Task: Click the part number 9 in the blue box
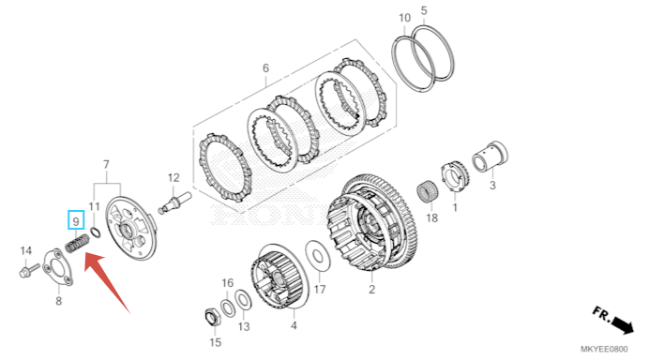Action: tap(76, 221)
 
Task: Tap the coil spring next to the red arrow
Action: tap(77, 244)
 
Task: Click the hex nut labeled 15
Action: tap(211, 317)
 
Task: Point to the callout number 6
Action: tap(265, 67)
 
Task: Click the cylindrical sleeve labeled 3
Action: tap(490, 157)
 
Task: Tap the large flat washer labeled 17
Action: tap(317, 257)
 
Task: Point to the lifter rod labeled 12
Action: tap(174, 202)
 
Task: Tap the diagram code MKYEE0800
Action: tap(604, 349)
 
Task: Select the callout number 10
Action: tap(404, 18)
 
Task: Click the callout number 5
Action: tap(424, 10)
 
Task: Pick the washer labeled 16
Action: tap(227, 307)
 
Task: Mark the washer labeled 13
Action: tap(243, 300)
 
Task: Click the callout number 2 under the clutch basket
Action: tap(371, 290)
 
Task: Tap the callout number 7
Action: tap(106, 164)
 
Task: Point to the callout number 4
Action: tap(294, 325)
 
